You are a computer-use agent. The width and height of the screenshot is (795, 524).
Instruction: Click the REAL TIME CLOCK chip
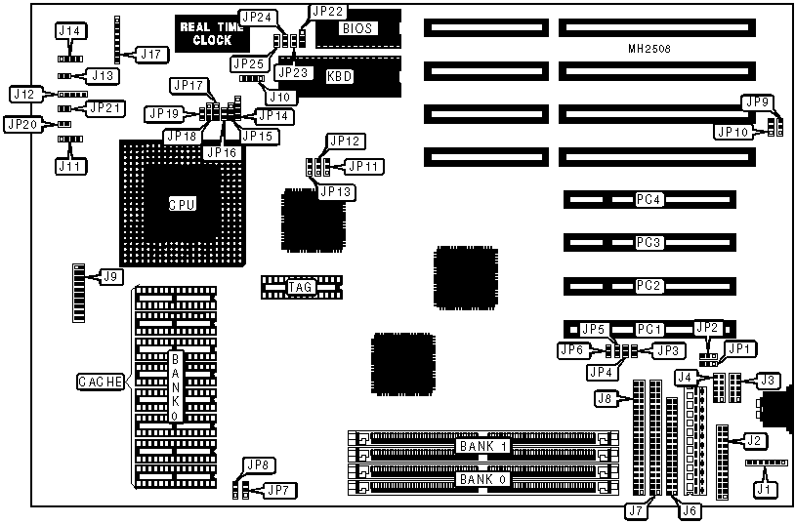click(x=206, y=33)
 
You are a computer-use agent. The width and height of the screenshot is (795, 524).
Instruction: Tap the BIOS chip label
click(x=354, y=28)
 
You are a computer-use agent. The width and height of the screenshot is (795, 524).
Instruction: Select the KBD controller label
click(x=339, y=76)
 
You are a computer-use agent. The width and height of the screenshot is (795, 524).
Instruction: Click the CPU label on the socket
click(x=183, y=204)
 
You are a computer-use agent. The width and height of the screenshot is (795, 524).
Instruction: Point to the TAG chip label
click(x=300, y=287)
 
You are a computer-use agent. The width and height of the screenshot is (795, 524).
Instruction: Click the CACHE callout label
click(x=102, y=383)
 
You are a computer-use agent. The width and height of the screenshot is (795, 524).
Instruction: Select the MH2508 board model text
click(x=649, y=48)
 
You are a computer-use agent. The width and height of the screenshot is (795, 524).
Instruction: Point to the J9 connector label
click(x=111, y=277)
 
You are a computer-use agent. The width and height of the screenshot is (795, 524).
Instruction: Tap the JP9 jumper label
click(x=756, y=101)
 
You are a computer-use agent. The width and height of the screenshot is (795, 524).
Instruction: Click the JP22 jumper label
click(x=325, y=11)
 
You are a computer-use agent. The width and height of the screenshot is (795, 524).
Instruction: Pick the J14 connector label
click(x=70, y=31)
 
